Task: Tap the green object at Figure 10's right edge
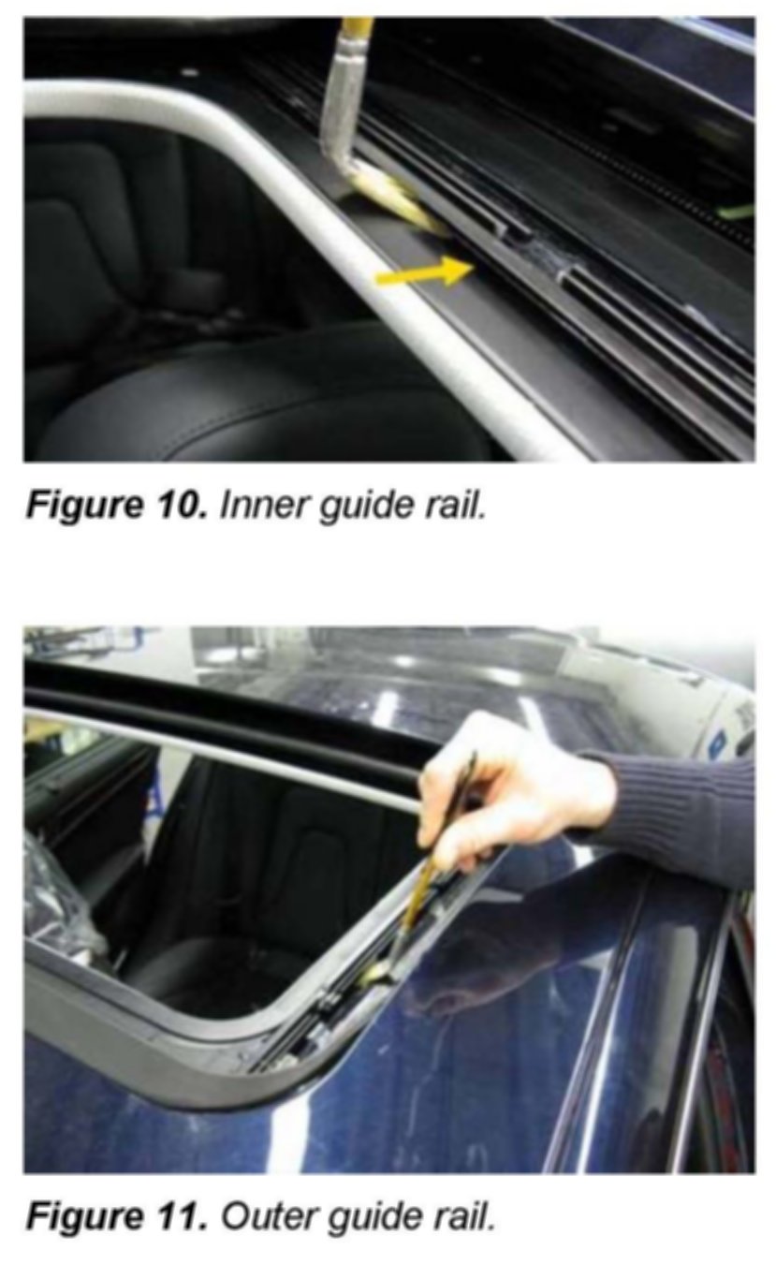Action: pos(737,212)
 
